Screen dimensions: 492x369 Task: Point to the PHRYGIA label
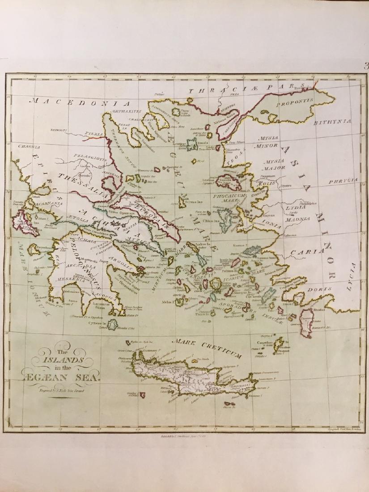pyautogui.click(x=344, y=180)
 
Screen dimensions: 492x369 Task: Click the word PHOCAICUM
pyautogui.click(x=227, y=196)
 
